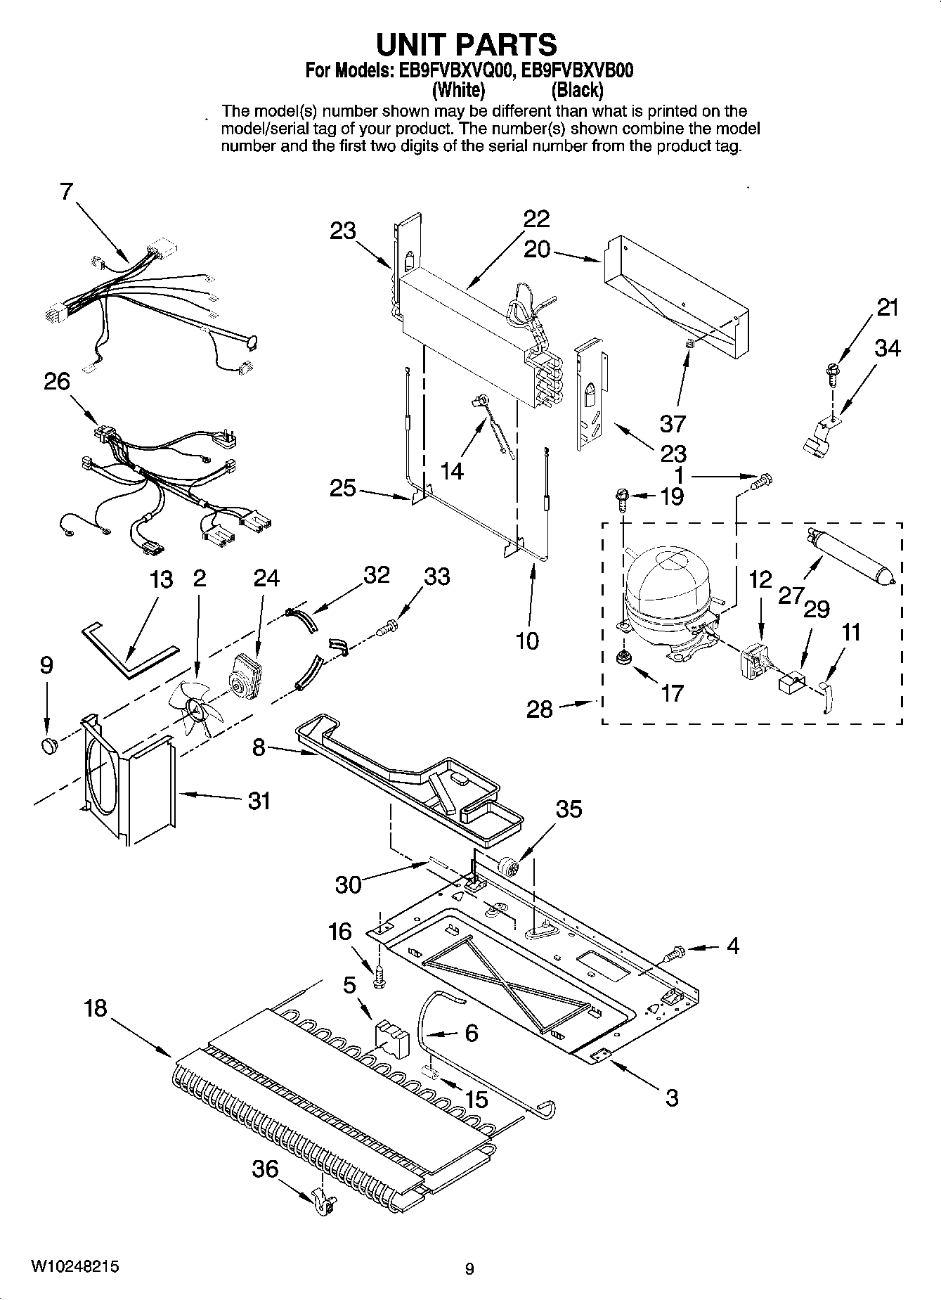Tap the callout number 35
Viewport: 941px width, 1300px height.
click(x=569, y=809)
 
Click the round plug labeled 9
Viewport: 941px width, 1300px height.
click(x=48, y=745)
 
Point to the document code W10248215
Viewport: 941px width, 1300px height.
click(x=74, y=1266)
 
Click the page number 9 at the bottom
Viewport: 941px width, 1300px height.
click(x=469, y=1268)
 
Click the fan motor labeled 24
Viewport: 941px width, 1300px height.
click(x=245, y=677)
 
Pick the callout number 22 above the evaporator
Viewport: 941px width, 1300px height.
click(x=536, y=219)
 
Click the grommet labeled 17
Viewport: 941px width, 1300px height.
click(x=622, y=658)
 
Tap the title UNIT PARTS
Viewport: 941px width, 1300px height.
click(x=467, y=44)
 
